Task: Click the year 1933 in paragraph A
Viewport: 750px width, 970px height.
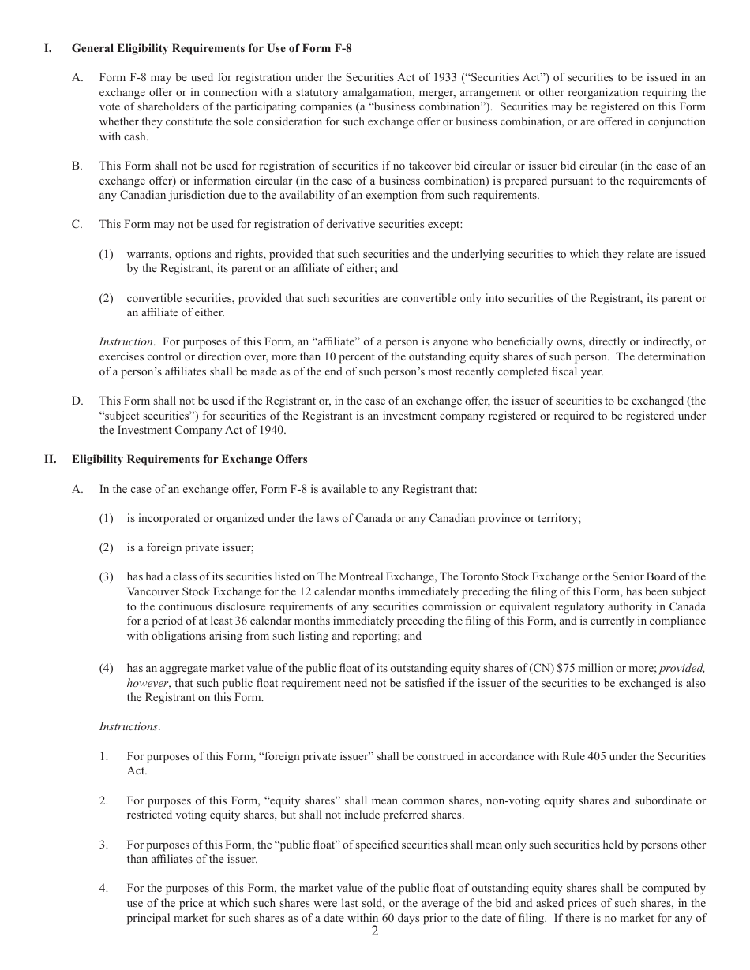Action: point(445,77)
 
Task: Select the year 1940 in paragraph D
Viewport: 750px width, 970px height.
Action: point(272,430)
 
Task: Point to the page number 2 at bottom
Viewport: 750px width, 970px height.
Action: point(375,931)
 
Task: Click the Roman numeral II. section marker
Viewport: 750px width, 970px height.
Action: point(49,459)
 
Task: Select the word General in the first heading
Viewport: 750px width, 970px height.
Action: point(92,48)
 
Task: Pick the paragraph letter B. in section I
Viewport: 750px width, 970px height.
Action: point(77,166)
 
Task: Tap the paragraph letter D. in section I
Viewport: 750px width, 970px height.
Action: point(77,401)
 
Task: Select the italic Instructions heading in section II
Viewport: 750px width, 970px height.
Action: point(129,726)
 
